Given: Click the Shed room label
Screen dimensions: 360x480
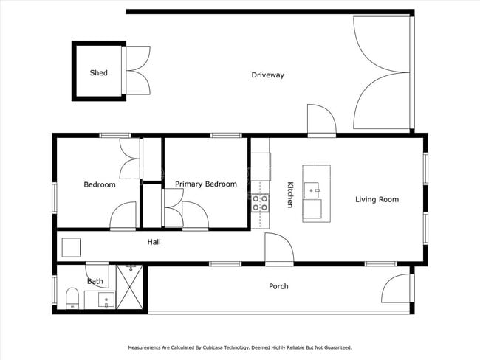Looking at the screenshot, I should [x=98, y=73].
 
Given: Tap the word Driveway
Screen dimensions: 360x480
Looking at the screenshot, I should [x=267, y=75].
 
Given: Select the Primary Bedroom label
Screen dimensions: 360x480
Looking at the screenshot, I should [x=206, y=184].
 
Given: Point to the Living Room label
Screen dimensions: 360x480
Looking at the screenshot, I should [x=377, y=199].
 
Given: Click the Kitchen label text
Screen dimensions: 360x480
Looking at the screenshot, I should [x=290, y=195].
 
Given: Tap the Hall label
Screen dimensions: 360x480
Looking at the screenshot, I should [x=154, y=242].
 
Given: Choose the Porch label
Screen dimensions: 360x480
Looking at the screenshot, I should [x=278, y=286].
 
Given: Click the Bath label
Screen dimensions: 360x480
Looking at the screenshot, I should [x=95, y=281].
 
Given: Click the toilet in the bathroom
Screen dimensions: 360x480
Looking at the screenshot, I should [x=72, y=298].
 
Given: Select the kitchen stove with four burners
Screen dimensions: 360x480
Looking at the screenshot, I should [x=261, y=203].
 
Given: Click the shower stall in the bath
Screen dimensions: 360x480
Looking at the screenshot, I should [x=131, y=288].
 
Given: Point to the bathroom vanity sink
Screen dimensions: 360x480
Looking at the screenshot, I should [x=106, y=300].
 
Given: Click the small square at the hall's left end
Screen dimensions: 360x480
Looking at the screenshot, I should [x=71, y=247].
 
